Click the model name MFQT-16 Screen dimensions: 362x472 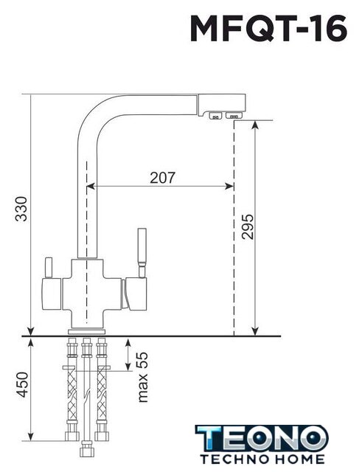[268, 29]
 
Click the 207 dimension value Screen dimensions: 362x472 [162, 178]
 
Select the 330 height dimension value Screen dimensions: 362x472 [21, 209]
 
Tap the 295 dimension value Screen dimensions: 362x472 [248, 226]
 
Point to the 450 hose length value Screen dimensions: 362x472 [22, 385]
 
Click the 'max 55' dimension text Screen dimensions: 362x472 [142, 377]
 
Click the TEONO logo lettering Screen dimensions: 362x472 [262, 438]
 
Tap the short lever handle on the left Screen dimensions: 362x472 [49, 268]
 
